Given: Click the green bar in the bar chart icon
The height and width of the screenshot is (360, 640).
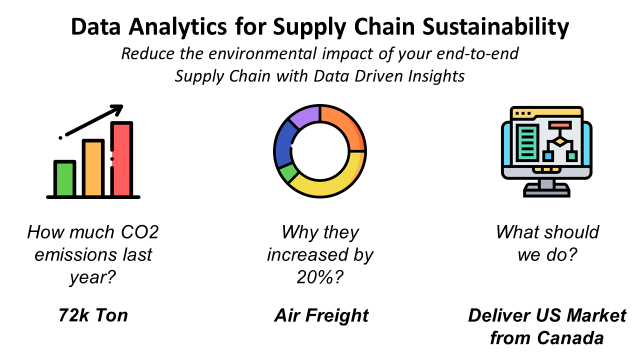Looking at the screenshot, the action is pyautogui.click(x=64, y=178).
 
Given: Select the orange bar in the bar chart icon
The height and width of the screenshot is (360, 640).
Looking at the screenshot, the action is pyautogui.click(x=93, y=168).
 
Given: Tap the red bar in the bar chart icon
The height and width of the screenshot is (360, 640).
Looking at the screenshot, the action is pyautogui.click(x=122, y=159).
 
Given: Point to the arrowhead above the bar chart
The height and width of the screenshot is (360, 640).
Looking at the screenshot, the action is pyautogui.click(x=117, y=109).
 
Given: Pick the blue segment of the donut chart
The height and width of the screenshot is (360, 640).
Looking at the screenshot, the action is pyautogui.click(x=284, y=145).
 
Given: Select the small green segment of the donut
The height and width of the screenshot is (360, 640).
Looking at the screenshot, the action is pyautogui.click(x=287, y=173).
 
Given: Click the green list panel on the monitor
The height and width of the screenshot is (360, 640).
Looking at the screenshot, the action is pyautogui.click(x=527, y=142).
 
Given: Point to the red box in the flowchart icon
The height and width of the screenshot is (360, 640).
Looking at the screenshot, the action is pyautogui.click(x=560, y=125).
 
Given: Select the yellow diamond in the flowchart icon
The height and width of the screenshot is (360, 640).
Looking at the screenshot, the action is pyautogui.click(x=560, y=142).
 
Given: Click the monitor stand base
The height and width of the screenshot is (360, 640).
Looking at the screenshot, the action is pyautogui.click(x=547, y=191).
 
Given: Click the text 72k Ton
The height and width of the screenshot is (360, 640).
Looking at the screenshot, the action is pyautogui.click(x=93, y=316).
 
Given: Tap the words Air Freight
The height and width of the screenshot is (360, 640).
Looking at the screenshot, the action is pyautogui.click(x=321, y=316).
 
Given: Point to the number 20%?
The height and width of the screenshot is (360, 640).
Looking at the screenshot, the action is pyautogui.click(x=320, y=277).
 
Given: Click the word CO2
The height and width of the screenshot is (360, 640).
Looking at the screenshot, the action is pyautogui.click(x=139, y=232).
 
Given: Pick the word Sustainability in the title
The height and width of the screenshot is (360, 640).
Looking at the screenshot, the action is pyautogui.click(x=496, y=27).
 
